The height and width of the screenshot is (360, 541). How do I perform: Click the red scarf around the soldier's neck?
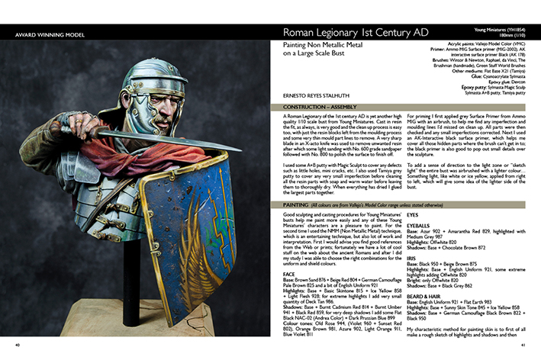point(137,156)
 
